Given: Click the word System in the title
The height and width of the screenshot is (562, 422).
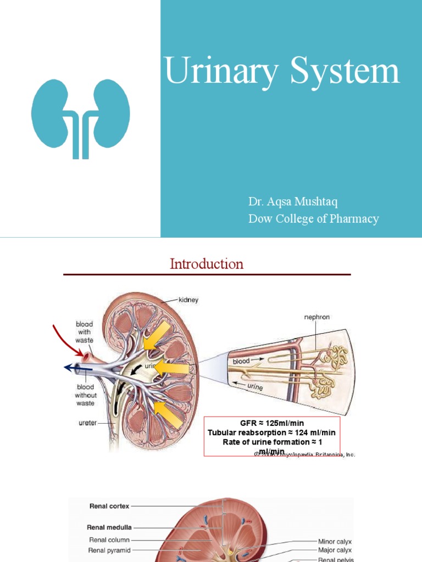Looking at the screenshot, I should coord(345,72).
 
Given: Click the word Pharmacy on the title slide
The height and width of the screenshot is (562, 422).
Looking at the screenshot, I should coord(352,218).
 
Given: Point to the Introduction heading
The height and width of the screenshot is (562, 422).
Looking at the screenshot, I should coord(207,264).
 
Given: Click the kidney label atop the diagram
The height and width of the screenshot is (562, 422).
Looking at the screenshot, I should coord(188,300).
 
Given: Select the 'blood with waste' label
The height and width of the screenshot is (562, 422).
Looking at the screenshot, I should coord(84,333).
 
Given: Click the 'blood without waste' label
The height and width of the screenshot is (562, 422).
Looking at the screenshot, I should coord(86,395).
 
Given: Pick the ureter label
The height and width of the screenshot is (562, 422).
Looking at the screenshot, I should coord(88,423).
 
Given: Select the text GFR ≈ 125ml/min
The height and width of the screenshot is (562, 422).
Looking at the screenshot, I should coord(271,424).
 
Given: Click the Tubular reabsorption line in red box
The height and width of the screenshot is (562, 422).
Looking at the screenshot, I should coord(271,433).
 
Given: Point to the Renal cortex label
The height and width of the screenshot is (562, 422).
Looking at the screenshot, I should coord(109,506).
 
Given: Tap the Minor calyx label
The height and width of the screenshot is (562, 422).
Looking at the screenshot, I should coord(335,541).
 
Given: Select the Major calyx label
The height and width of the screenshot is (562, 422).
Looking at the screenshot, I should coord(335,550).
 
